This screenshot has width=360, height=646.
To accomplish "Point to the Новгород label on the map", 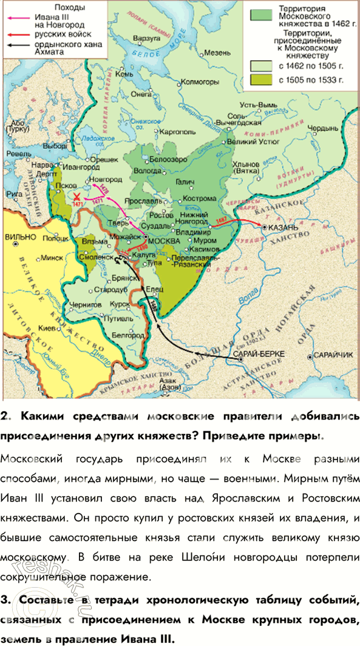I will [x=101, y=180].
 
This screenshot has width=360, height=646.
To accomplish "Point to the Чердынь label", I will [x=322, y=128].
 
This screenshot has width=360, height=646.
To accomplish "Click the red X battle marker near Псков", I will [x=77, y=197].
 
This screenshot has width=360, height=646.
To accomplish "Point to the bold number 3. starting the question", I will [x=7, y=600].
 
